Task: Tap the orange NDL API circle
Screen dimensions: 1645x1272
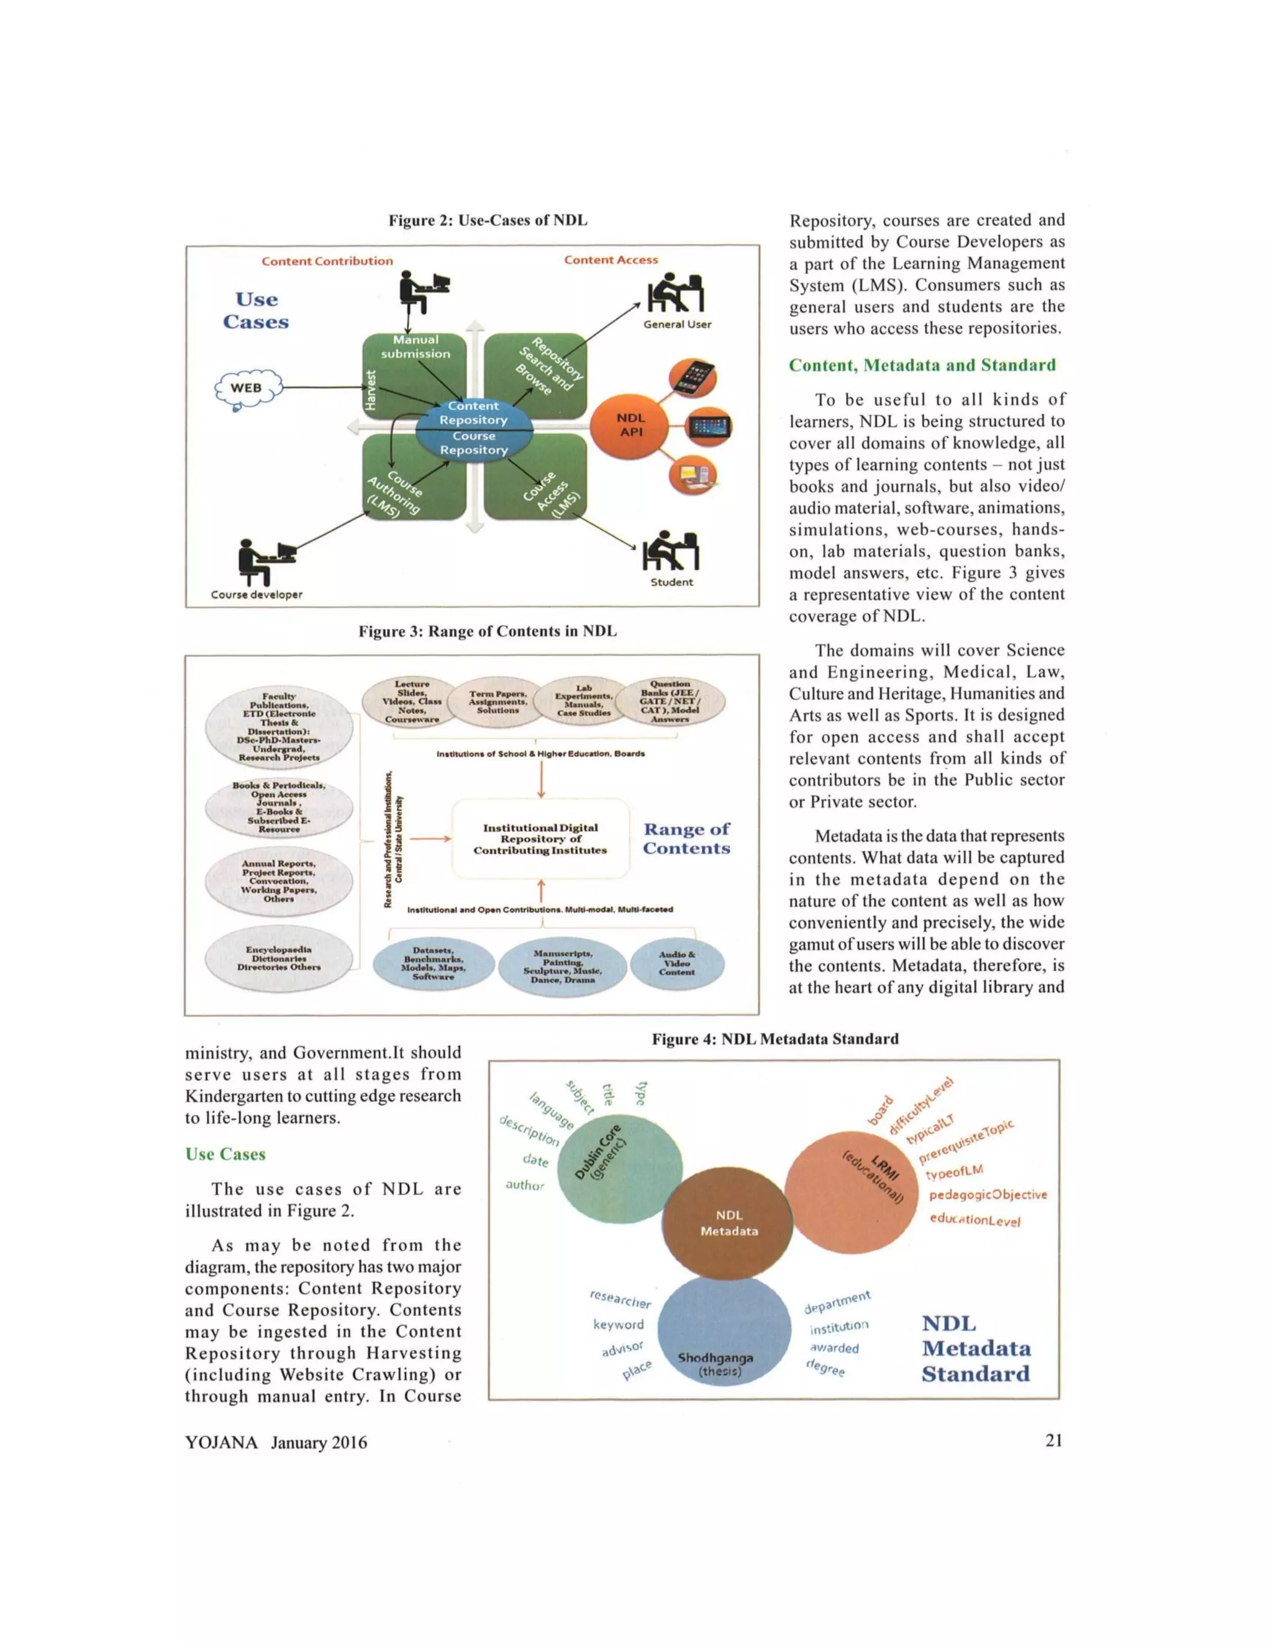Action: tap(631, 426)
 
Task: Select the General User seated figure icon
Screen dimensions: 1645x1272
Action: tap(676, 293)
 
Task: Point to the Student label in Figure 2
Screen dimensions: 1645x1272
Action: tap(671, 582)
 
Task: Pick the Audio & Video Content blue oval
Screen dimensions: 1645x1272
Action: tap(677, 963)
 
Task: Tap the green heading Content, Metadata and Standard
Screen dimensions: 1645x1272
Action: tap(922, 365)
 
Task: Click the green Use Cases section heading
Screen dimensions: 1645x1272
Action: tap(225, 1155)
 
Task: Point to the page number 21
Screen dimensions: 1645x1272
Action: tap(1053, 1440)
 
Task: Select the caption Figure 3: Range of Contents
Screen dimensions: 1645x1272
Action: tap(487, 631)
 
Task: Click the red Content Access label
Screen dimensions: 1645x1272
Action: tap(611, 260)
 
